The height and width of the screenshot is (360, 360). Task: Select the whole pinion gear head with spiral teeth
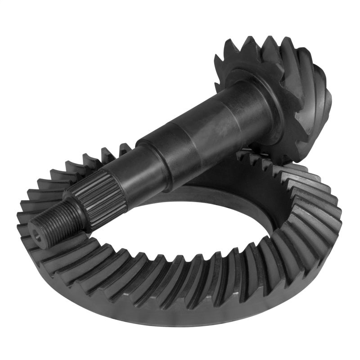[x=279, y=90]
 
